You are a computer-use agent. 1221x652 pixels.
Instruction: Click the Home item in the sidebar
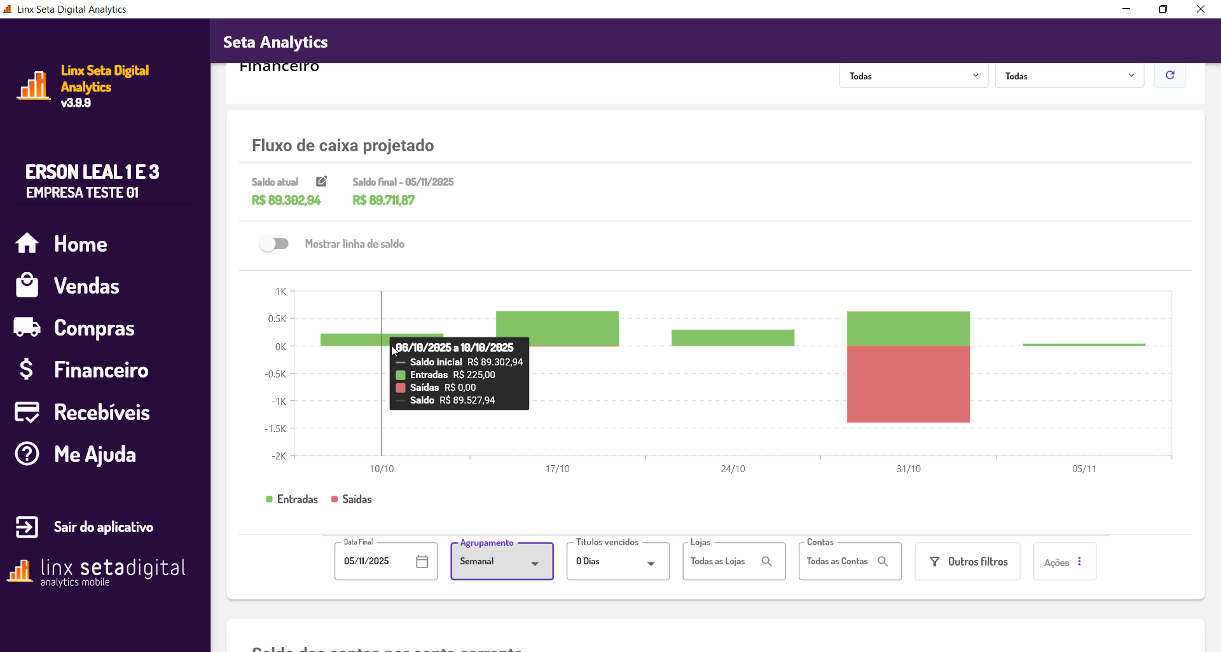click(80, 244)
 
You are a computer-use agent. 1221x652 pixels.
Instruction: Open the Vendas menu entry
click(86, 286)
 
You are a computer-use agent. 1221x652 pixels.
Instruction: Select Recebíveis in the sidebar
click(102, 412)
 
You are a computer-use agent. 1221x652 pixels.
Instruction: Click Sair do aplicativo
click(103, 527)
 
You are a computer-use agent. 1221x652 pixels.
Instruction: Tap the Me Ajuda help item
click(95, 454)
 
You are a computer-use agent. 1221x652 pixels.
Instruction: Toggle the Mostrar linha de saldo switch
click(274, 244)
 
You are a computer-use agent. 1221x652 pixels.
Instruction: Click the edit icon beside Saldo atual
click(322, 182)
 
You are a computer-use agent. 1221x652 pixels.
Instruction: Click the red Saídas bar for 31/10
click(908, 384)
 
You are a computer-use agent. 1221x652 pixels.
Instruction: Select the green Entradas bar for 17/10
click(557, 328)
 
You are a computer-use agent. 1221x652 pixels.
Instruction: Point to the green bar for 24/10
click(733, 337)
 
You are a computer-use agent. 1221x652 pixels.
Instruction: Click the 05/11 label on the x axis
click(1084, 469)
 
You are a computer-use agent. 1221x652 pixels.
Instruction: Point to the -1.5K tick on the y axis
click(276, 429)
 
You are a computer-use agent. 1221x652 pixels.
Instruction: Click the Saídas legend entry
click(351, 499)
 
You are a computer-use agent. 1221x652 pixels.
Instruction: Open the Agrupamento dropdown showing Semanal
click(502, 562)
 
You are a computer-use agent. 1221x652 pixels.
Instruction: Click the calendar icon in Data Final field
click(422, 562)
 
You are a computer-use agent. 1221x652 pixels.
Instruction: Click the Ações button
click(1064, 562)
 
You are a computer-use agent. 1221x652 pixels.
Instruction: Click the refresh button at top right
click(1169, 76)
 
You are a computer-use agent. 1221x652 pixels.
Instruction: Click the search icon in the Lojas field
click(766, 562)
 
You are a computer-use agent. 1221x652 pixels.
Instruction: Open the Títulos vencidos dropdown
click(617, 562)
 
